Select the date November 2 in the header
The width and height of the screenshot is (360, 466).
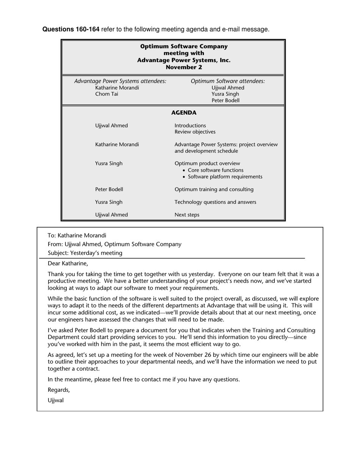pos(184,67)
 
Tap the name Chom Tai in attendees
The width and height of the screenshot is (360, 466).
pos(106,94)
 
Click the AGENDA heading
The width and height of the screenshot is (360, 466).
pos(184,113)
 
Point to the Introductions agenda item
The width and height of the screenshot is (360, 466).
pos(190,125)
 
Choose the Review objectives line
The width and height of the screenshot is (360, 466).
pos(195,132)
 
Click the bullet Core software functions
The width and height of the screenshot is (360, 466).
pos(215,170)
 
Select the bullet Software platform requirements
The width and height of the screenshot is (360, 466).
pos(225,177)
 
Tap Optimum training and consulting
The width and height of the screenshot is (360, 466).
pos(214,189)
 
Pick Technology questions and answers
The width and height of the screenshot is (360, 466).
pos(215,202)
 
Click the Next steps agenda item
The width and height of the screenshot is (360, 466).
pos(187,215)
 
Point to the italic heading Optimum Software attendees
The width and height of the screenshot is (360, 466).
pos(228,81)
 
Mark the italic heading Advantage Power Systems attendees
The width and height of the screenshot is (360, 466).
pos(120,81)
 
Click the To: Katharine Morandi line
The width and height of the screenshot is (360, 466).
pos(77,235)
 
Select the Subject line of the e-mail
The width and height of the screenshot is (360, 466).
pos(85,253)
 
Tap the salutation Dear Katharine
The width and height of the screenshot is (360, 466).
pos(68,263)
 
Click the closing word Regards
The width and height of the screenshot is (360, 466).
pos(59,390)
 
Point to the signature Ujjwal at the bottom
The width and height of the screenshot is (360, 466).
pos(56,400)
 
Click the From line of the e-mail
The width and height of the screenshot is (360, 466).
pos(114,244)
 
